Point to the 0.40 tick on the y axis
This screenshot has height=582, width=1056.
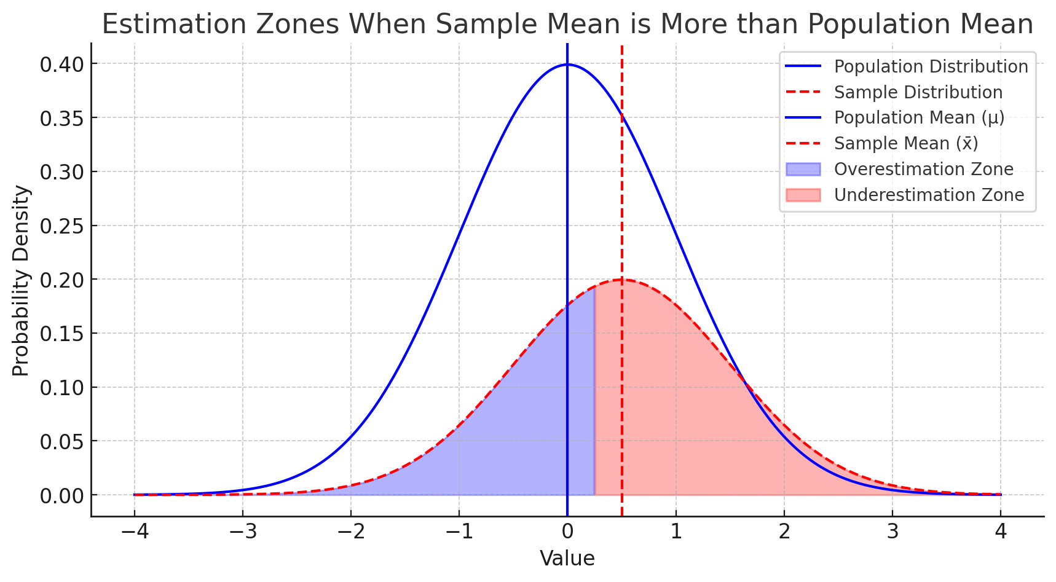point(60,64)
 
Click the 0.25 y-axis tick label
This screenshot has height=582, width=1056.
point(60,226)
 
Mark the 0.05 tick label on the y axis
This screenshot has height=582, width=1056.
point(60,441)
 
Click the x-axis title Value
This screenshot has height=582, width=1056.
point(567,559)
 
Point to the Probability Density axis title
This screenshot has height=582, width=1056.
point(21,280)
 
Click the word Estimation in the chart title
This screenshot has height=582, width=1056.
point(172,25)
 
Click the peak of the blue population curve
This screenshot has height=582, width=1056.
point(567,64)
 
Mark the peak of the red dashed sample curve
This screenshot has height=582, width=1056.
point(621,280)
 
